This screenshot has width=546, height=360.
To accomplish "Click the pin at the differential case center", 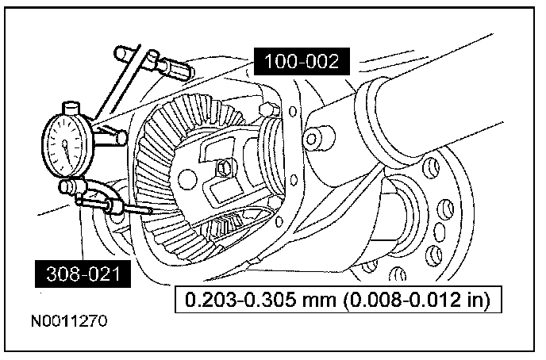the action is [x=227, y=167].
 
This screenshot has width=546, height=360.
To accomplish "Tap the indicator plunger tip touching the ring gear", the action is [x=151, y=213].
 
